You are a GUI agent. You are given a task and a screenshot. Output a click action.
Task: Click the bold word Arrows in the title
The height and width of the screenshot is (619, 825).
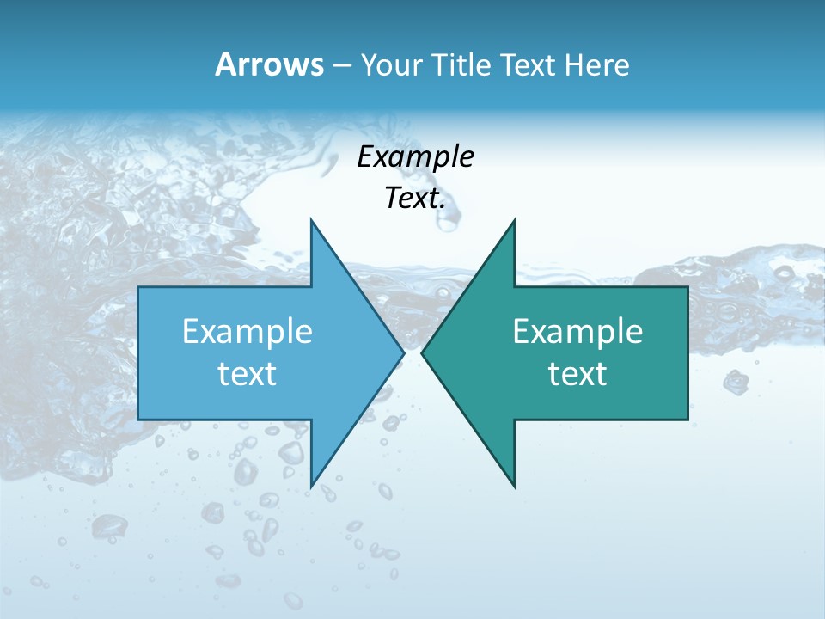(269, 64)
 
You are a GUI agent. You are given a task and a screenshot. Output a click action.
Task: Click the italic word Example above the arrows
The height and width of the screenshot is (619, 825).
(415, 156)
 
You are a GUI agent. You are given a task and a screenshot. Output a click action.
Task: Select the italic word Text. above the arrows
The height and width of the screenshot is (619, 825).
(415, 199)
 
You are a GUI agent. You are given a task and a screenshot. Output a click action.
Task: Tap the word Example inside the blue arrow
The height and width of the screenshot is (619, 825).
(247, 331)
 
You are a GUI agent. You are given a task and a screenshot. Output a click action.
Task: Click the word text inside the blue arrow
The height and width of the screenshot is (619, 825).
(247, 374)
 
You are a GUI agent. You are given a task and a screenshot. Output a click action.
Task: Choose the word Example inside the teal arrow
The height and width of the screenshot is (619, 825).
(577, 331)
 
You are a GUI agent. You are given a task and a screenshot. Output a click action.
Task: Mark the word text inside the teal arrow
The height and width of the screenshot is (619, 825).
(577, 374)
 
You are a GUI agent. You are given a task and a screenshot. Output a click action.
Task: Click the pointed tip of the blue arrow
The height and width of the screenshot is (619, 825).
(403, 352)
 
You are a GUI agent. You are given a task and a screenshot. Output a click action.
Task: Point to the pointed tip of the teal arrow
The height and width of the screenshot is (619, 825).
(423, 352)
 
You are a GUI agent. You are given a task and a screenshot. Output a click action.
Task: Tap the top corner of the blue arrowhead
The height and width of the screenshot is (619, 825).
(311, 220)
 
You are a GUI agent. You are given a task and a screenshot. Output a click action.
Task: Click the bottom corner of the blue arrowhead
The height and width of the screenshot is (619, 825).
(311, 487)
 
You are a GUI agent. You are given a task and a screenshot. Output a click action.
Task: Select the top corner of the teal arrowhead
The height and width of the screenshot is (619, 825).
(514, 220)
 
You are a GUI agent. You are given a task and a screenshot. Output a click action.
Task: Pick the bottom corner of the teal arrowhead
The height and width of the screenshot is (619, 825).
(514, 487)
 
